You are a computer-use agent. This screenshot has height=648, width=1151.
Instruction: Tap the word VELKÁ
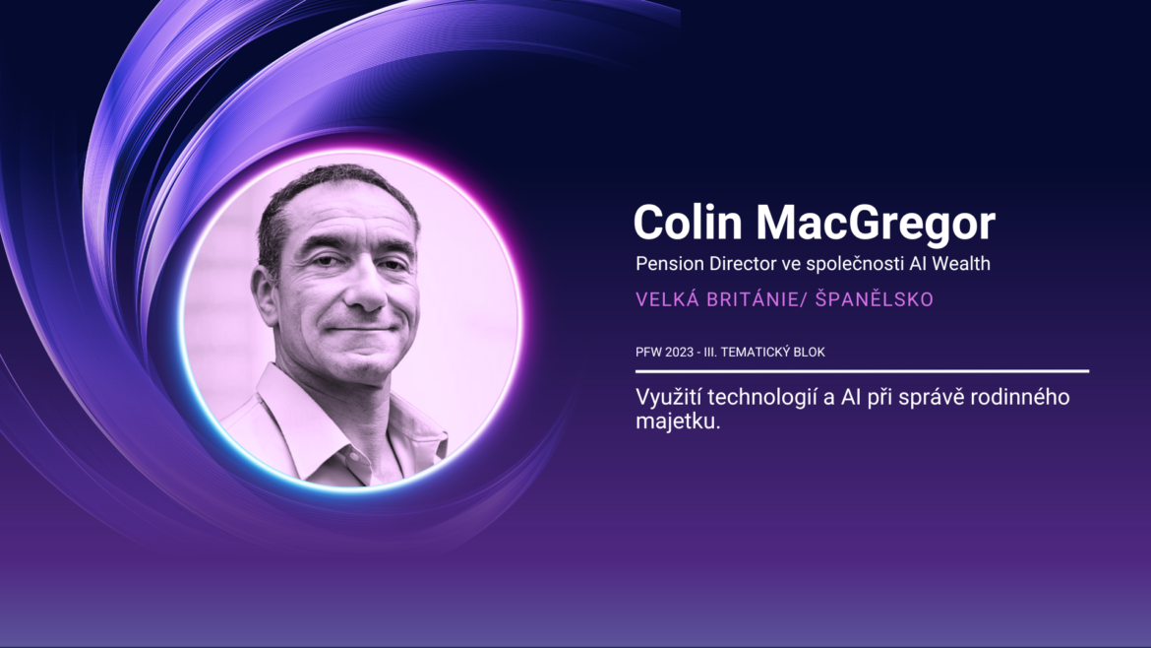click(667, 299)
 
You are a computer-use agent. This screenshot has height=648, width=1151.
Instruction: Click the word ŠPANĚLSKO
click(875, 299)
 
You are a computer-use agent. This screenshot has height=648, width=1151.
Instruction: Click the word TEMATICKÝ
click(755, 352)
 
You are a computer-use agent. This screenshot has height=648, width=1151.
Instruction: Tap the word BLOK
click(809, 352)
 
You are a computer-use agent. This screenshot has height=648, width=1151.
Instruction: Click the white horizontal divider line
click(862, 371)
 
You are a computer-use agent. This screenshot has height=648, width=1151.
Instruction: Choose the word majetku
click(678, 421)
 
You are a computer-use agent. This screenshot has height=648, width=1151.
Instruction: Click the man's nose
click(365, 288)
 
